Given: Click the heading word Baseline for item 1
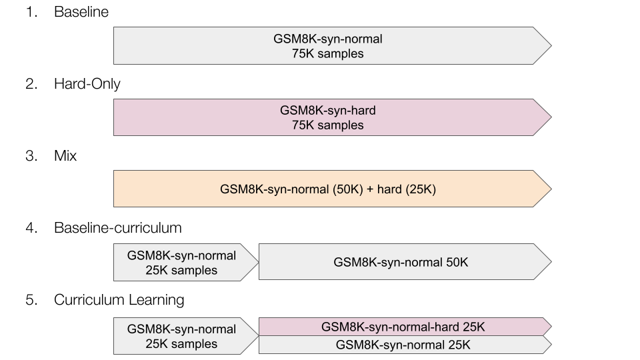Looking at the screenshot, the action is tap(81, 12).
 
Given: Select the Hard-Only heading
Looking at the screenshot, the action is tap(87, 84).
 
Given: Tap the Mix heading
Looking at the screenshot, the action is tap(65, 155).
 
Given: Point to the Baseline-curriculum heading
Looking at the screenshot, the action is tap(117, 228).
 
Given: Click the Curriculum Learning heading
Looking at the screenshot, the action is tap(119, 300).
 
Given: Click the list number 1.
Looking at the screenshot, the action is tap(31, 12).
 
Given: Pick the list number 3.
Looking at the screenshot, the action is tap(31, 155).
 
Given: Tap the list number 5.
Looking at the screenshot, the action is tap(31, 300).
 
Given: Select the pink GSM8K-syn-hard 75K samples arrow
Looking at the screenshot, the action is tap(332, 117).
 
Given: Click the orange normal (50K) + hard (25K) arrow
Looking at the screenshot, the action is tap(332, 189).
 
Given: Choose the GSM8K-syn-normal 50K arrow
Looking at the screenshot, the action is tap(405, 261).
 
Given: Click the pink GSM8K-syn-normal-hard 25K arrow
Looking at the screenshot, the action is tap(405, 327).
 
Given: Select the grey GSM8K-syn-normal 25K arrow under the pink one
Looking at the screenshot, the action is tap(405, 345).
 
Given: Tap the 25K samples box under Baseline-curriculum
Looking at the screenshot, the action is tap(186, 263).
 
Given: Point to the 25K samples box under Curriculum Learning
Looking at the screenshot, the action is tap(186, 336).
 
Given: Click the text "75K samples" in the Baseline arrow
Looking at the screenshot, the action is tap(328, 53).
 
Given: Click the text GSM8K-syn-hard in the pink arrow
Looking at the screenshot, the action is tap(328, 111).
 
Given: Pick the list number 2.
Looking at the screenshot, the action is tap(31, 84).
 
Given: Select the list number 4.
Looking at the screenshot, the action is tap(31, 228).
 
